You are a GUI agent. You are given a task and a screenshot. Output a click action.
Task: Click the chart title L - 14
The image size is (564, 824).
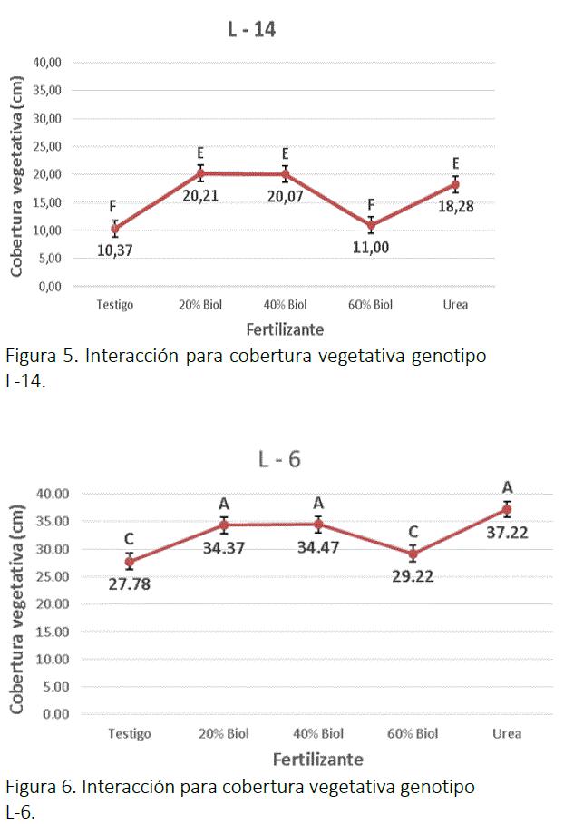(x=251, y=30)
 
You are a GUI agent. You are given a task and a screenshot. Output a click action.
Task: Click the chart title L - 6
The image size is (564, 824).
(x=279, y=459)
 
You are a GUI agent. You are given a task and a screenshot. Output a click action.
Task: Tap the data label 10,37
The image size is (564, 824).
(x=116, y=250)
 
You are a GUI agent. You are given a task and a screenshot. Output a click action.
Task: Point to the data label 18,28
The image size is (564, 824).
(x=454, y=206)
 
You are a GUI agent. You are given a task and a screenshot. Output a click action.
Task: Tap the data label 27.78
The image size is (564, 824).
(x=129, y=583)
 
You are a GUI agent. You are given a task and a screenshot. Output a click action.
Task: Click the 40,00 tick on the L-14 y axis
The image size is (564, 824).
(x=47, y=63)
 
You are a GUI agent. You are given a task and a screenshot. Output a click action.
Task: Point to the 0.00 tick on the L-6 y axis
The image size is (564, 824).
(x=56, y=714)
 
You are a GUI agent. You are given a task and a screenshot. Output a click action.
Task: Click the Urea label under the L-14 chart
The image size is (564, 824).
(x=455, y=305)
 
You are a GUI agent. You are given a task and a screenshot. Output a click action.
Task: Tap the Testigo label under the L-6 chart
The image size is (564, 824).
(x=129, y=733)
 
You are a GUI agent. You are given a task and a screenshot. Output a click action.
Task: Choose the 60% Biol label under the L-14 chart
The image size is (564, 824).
(x=370, y=305)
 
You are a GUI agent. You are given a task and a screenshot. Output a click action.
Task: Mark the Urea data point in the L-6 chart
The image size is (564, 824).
(x=507, y=509)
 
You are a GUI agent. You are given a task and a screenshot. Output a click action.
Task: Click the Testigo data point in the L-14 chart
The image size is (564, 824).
(x=115, y=229)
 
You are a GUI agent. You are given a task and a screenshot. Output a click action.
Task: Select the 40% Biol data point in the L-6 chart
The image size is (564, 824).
(x=318, y=524)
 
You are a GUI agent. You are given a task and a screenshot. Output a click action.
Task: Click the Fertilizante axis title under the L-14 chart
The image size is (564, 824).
(x=285, y=329)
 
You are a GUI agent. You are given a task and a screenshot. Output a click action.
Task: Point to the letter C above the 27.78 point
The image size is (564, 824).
(x=130, y=539)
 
